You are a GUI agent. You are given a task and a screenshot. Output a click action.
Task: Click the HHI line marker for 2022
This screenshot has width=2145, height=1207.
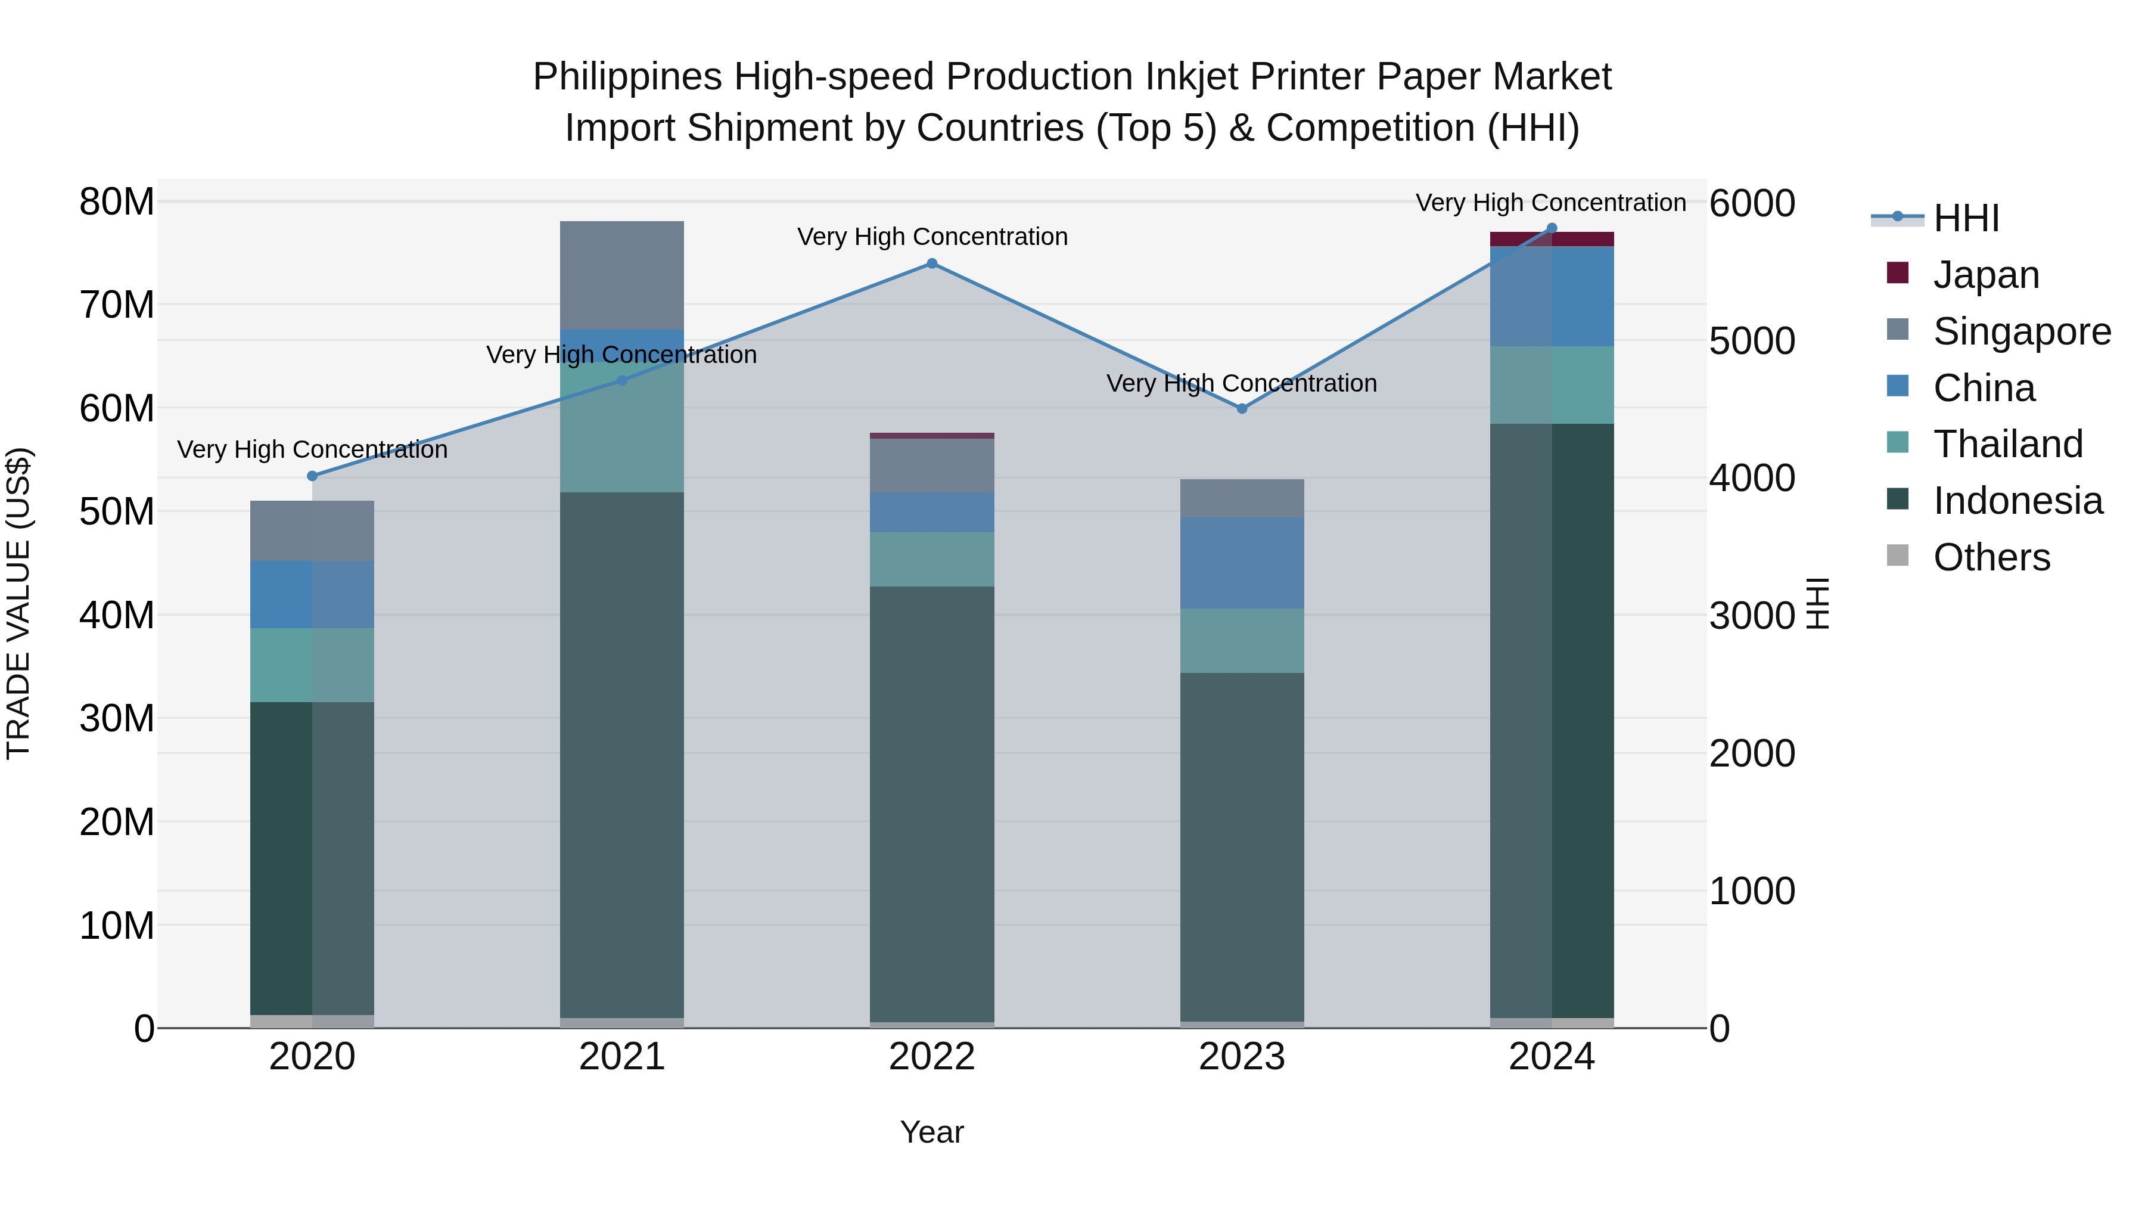[932, 264]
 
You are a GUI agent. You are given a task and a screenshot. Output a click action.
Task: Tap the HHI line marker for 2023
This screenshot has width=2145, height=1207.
[1242, 409]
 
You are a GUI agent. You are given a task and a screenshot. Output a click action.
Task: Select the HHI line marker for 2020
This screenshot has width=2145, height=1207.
[312, 476]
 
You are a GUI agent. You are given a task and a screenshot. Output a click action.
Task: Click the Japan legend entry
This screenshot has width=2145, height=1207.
[1986, 275]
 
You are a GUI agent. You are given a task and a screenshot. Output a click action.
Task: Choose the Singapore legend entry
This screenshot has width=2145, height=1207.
[2022, 331]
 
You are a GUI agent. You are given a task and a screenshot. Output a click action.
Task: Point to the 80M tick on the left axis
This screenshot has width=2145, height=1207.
[117, 203]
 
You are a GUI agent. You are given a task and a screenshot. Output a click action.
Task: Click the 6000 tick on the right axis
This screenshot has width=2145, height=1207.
[1752, 204]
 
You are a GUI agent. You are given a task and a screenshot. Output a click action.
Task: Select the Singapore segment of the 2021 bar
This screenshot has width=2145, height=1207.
[622, 275]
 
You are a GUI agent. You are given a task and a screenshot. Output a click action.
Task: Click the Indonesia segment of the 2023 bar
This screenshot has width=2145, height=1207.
[1242, 845]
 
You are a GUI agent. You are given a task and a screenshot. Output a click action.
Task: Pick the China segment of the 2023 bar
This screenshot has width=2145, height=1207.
[1242, 562]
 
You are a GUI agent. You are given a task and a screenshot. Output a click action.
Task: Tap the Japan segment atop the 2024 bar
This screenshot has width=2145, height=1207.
[1552, 239]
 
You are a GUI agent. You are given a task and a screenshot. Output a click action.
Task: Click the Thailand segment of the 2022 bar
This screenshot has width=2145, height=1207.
[932, 559]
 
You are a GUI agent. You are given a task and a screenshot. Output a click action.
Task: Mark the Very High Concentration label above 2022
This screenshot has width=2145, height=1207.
[932, 237]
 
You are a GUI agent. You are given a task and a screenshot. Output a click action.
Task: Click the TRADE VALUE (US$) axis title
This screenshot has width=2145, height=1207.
[18, 603]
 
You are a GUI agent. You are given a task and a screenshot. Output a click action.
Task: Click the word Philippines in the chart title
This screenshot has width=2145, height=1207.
[627, 77]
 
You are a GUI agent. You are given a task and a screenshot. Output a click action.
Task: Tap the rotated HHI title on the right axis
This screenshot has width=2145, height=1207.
[1818, 603]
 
